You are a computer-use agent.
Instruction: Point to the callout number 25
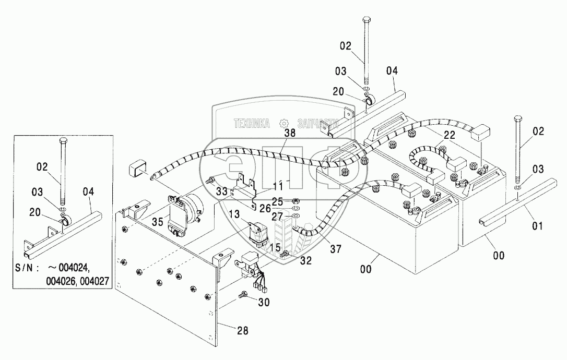(277, 201)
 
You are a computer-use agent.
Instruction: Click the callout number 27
(277, 216)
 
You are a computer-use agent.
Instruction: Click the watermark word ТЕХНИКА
(252, 124)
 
